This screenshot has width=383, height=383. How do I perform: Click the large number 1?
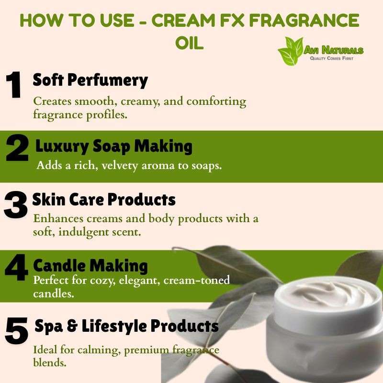point(14,85)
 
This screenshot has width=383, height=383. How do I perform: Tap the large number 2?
point(17,148)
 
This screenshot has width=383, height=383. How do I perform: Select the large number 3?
point(15,205)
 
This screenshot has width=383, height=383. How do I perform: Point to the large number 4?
point(16,267)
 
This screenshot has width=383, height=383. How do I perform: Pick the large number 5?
point(16,331)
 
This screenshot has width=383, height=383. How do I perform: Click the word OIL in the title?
point(190,43)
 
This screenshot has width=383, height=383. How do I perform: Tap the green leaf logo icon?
point(291,51)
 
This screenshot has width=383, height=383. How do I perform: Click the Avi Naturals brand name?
point(334,50)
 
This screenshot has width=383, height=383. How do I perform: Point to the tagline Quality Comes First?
point(331,58)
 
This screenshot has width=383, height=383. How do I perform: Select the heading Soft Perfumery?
point(90,80)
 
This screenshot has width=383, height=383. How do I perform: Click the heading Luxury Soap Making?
point(114,146)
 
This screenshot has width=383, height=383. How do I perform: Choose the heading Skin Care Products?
point(104,199)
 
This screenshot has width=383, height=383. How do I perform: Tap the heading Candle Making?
point(90,265)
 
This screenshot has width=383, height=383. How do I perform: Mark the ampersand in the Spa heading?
point(72,326)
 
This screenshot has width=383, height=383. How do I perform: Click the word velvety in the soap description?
point(120,166)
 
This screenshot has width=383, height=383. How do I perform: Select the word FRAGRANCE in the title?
point(304,20)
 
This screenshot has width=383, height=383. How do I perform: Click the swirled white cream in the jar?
point(325,294)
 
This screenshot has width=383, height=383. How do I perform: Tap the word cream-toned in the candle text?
point(197,280)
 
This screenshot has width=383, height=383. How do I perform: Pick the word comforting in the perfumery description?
point(216,101)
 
